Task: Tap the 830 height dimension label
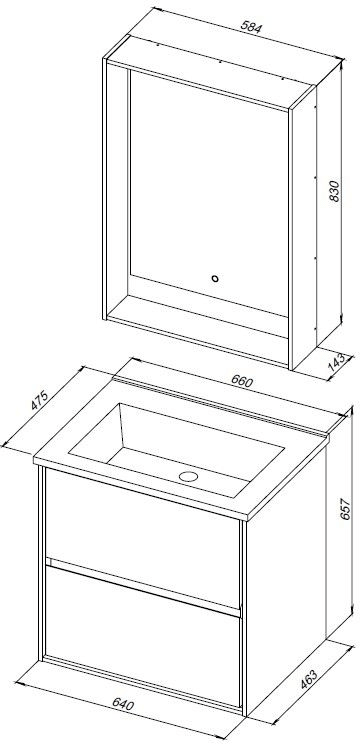[x=335, y=191]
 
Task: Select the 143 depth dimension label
[x=338, y=363]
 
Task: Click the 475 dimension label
[x=40, y=400]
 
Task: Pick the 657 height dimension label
[x=345, y=509]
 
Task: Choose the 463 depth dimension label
[x=308, y=679]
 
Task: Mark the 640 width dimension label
[x=124, y=704]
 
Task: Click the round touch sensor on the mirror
[x=215, y=279]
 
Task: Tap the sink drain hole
[x=188, y=476]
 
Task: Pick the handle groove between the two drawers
[x=143, y=587]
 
